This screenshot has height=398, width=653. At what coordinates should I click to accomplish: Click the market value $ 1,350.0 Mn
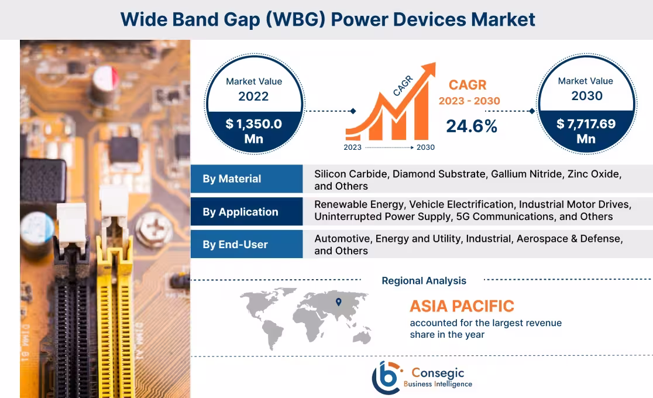254,131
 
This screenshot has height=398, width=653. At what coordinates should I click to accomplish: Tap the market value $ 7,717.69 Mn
586,131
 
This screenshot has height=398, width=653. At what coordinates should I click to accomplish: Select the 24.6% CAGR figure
472,126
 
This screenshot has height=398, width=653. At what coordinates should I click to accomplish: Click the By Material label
232,179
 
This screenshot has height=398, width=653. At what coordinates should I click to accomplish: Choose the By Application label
240,212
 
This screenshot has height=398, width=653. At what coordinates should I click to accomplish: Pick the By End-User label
235,245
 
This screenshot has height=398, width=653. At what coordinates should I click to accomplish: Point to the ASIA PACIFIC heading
462,306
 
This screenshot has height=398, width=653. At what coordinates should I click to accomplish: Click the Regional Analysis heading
424,281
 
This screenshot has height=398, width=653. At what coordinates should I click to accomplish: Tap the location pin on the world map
338,302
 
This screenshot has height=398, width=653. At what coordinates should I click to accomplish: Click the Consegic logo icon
387,377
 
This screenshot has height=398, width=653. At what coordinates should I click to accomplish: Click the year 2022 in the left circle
253,96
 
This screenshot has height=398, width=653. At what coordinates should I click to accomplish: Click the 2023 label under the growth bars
353,147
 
